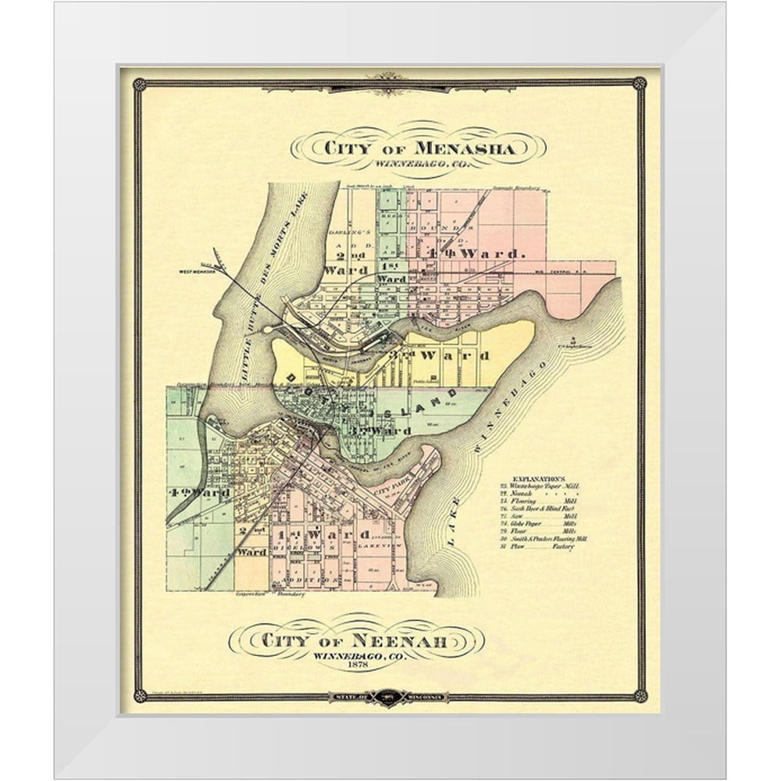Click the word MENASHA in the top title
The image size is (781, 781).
tap(464, 148)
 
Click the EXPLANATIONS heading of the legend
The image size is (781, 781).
tap(539, 476)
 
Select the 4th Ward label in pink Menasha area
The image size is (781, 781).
tap(473, 254)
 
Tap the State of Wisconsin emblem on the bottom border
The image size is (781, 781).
tap(390, 696)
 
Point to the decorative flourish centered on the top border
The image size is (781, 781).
tap(390, 81)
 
